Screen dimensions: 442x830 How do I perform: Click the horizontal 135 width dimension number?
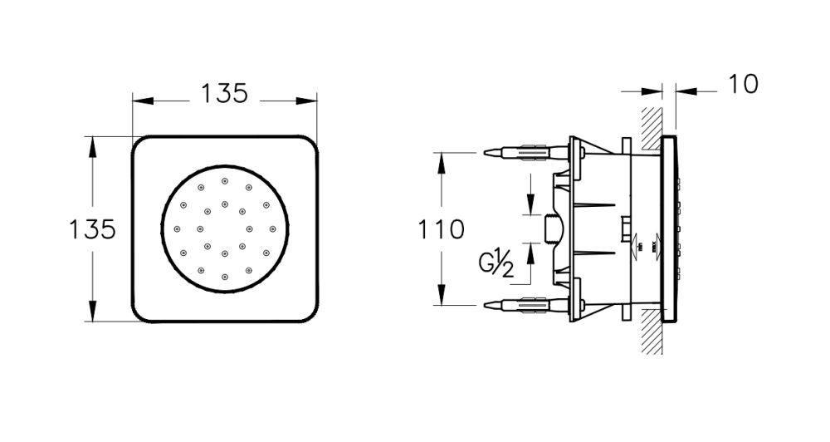[224, 94]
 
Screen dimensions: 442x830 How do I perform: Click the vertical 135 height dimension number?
[92, 228]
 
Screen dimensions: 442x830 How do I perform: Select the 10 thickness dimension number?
[743, 84]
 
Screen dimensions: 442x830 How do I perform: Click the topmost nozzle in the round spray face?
[224, 180]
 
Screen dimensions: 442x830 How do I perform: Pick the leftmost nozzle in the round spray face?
[176, 228]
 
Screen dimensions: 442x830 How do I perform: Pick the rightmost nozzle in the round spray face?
[272, 228]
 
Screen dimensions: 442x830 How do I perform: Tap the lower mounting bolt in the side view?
[523, 304]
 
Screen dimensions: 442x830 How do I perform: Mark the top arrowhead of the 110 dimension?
[440, 159]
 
